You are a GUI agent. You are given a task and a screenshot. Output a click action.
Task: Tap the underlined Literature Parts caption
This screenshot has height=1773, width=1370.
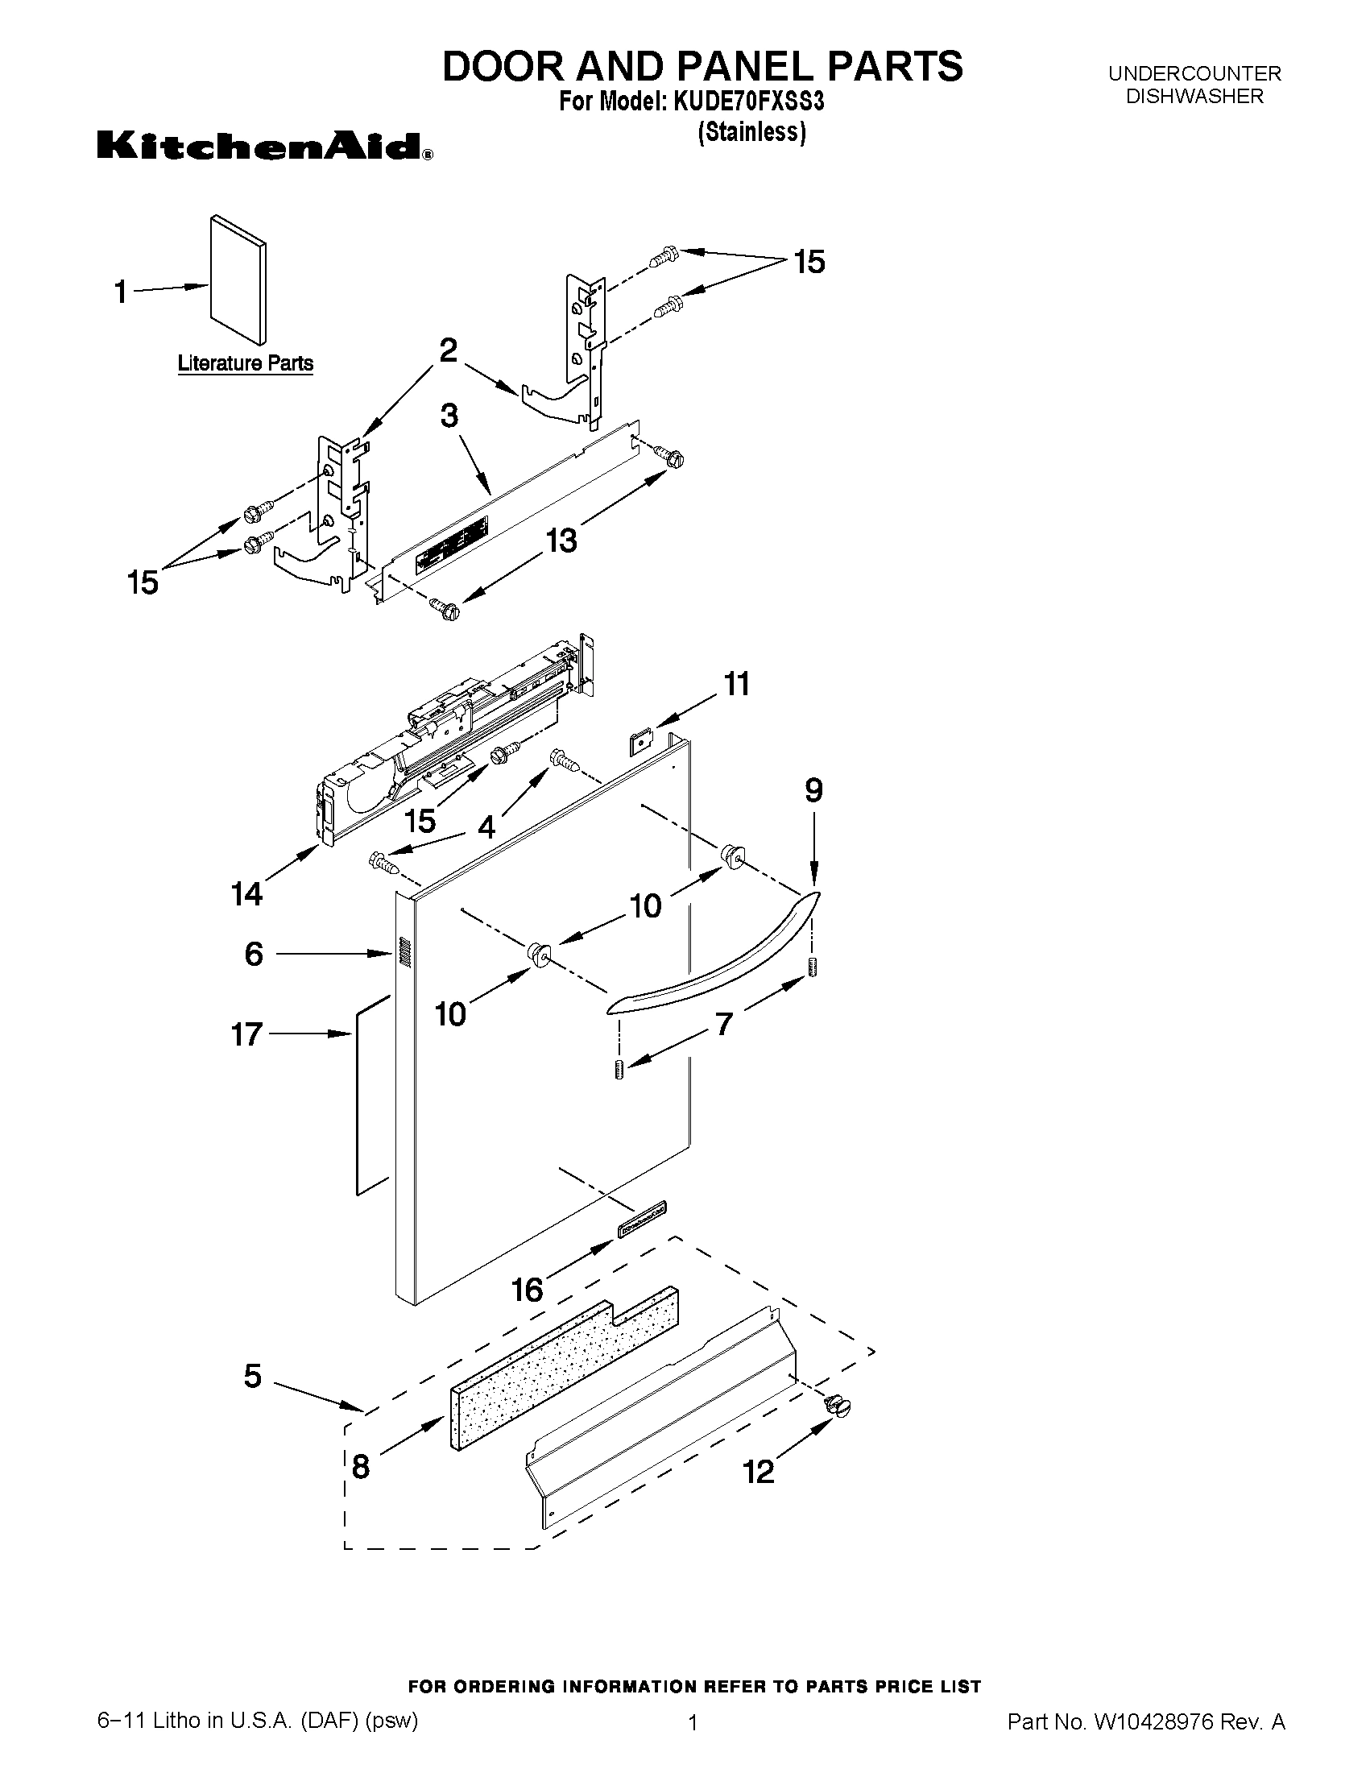click(245, 362)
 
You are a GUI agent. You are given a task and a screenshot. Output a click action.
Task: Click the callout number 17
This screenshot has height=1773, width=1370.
click(246, 1034)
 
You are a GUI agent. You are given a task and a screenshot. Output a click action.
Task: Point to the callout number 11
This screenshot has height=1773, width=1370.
click(737, 684)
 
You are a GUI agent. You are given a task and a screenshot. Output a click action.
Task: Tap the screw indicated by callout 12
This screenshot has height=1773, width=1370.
click(836, 1406)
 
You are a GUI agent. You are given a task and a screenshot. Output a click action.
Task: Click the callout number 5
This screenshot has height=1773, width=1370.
click(252, 1376)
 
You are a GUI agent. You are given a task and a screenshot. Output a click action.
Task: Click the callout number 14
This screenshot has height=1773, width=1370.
click(246, 894)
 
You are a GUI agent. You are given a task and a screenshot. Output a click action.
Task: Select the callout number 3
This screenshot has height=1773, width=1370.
click(449, 416)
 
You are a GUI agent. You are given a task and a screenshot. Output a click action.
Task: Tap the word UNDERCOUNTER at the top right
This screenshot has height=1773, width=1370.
click(1194, 73)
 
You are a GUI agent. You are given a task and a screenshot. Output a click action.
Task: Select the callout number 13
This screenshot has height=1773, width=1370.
click(561, 539)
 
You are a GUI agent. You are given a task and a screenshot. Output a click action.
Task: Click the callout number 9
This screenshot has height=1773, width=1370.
click(813, 789)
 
